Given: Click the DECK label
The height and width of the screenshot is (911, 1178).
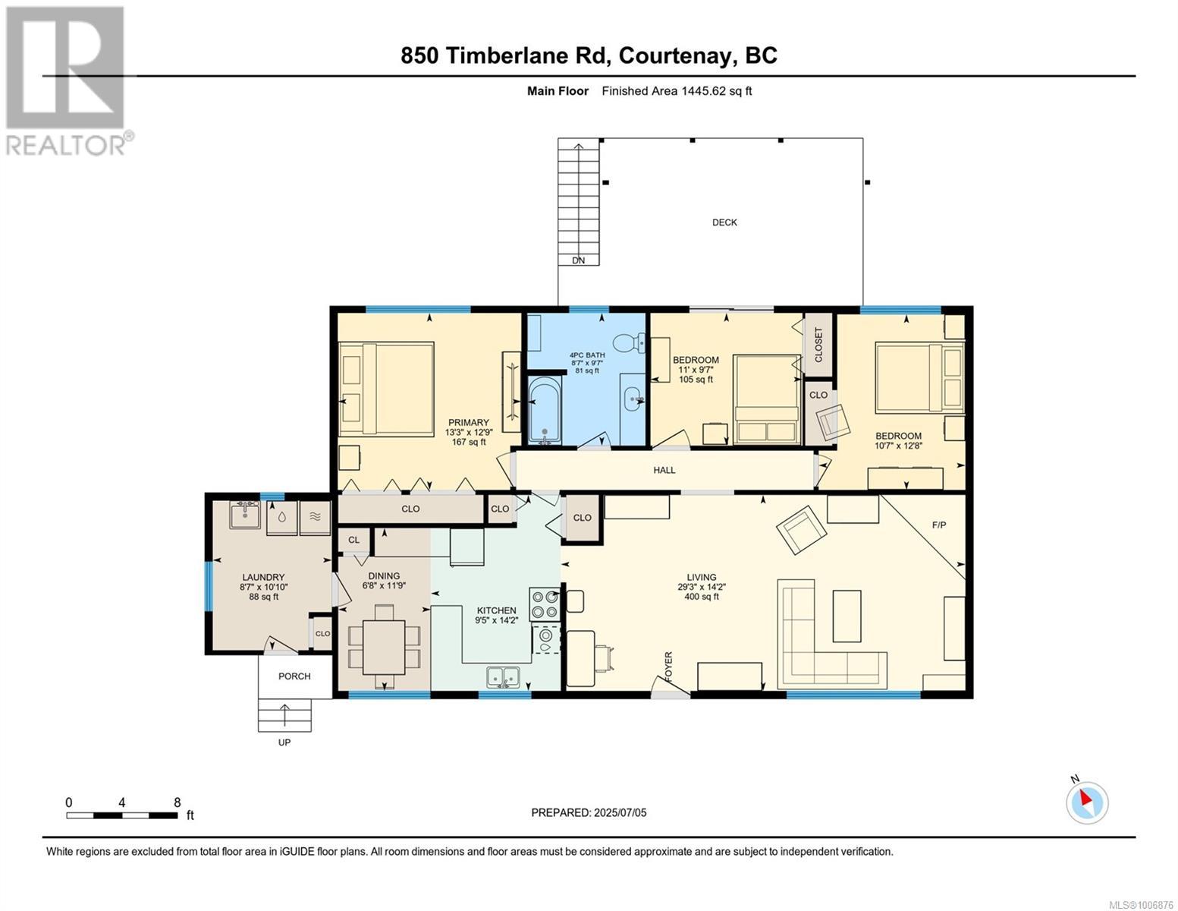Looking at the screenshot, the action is pos(724,222).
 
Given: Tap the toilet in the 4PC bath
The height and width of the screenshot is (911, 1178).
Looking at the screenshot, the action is pos(629,342).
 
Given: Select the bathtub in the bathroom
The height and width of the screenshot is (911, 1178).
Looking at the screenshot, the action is pos(545,411).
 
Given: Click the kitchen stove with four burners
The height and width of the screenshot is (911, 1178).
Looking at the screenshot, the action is pos(545,604).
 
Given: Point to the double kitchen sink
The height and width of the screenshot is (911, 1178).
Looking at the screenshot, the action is pos(503,677).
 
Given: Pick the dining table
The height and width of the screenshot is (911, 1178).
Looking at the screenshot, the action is pos(384,647).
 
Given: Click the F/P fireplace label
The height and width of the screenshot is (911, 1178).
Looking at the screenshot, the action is pos(938,525).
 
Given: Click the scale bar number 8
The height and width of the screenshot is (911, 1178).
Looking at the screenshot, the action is pos(177,802).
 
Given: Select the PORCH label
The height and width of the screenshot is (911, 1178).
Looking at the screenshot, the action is pos(294,676).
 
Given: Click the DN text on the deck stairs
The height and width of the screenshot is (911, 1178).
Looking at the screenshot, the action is pos(579,260).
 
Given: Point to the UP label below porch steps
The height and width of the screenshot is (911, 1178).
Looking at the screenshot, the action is pos(284,742).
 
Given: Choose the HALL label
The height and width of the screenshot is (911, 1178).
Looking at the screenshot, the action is pos(664,470).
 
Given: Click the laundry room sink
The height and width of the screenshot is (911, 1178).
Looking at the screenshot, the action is pos(245,515).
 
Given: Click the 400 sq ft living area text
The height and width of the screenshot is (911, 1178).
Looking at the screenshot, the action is pos(702,596).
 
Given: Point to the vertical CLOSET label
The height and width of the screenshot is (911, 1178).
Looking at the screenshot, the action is pos(818,345).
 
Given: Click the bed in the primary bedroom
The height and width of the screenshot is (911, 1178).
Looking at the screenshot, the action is pos(386,389).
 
